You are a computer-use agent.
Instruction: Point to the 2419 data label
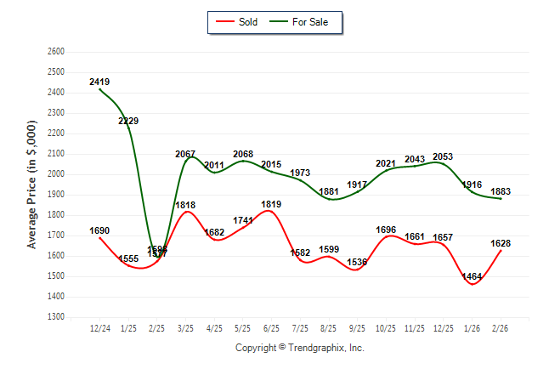coord(99,82)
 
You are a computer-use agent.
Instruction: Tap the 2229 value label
coord(128,122)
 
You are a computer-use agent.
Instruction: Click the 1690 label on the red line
coord(99,230)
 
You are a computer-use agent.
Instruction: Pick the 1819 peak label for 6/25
coord(272,204)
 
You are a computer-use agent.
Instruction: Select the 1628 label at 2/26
coord(501,244)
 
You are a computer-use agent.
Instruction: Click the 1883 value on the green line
coord(501,191)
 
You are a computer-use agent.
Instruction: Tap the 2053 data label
coord(444,156)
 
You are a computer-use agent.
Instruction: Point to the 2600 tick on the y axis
coord(56,52)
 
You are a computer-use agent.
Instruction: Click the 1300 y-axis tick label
coord(56,317)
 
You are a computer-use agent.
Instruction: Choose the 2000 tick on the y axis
coord(56,174)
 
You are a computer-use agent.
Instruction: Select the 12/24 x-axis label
coord(99,328)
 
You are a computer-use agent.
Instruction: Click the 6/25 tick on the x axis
coord(272,328)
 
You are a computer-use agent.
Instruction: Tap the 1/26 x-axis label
coord(473,328)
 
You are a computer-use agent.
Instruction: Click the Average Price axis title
coord(33,184)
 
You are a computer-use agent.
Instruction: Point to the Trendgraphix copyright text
coord(299,348)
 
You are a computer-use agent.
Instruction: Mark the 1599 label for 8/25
coord(329,249)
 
